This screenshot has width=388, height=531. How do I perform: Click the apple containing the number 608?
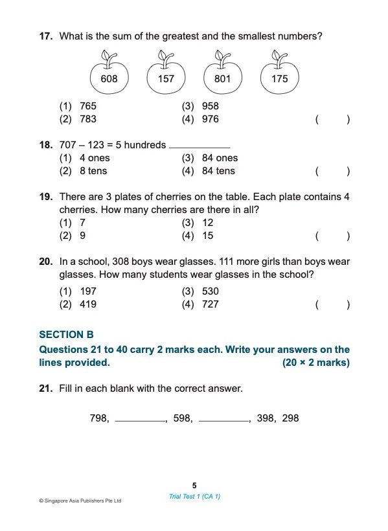click(x=109, y=79)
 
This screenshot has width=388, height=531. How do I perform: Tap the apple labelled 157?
click(x=166, y=79)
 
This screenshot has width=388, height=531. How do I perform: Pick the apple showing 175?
click(x=280, y=79)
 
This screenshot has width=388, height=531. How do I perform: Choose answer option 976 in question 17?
click(x=210, y=119)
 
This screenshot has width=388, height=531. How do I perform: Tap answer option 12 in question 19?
click(x=207, y=223)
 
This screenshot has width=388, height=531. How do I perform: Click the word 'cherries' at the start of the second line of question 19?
click(x=78, y=210)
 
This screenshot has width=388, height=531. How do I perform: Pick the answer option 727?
click(x=210, y=304)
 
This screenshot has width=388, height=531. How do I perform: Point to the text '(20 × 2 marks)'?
click(x=315, y=363)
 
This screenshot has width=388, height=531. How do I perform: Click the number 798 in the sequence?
click(x=98, y=418)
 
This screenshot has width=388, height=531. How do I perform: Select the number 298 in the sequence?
click(x=290, y=418)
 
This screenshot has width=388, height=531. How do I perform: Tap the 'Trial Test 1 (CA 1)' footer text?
click(x=194, y=496)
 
